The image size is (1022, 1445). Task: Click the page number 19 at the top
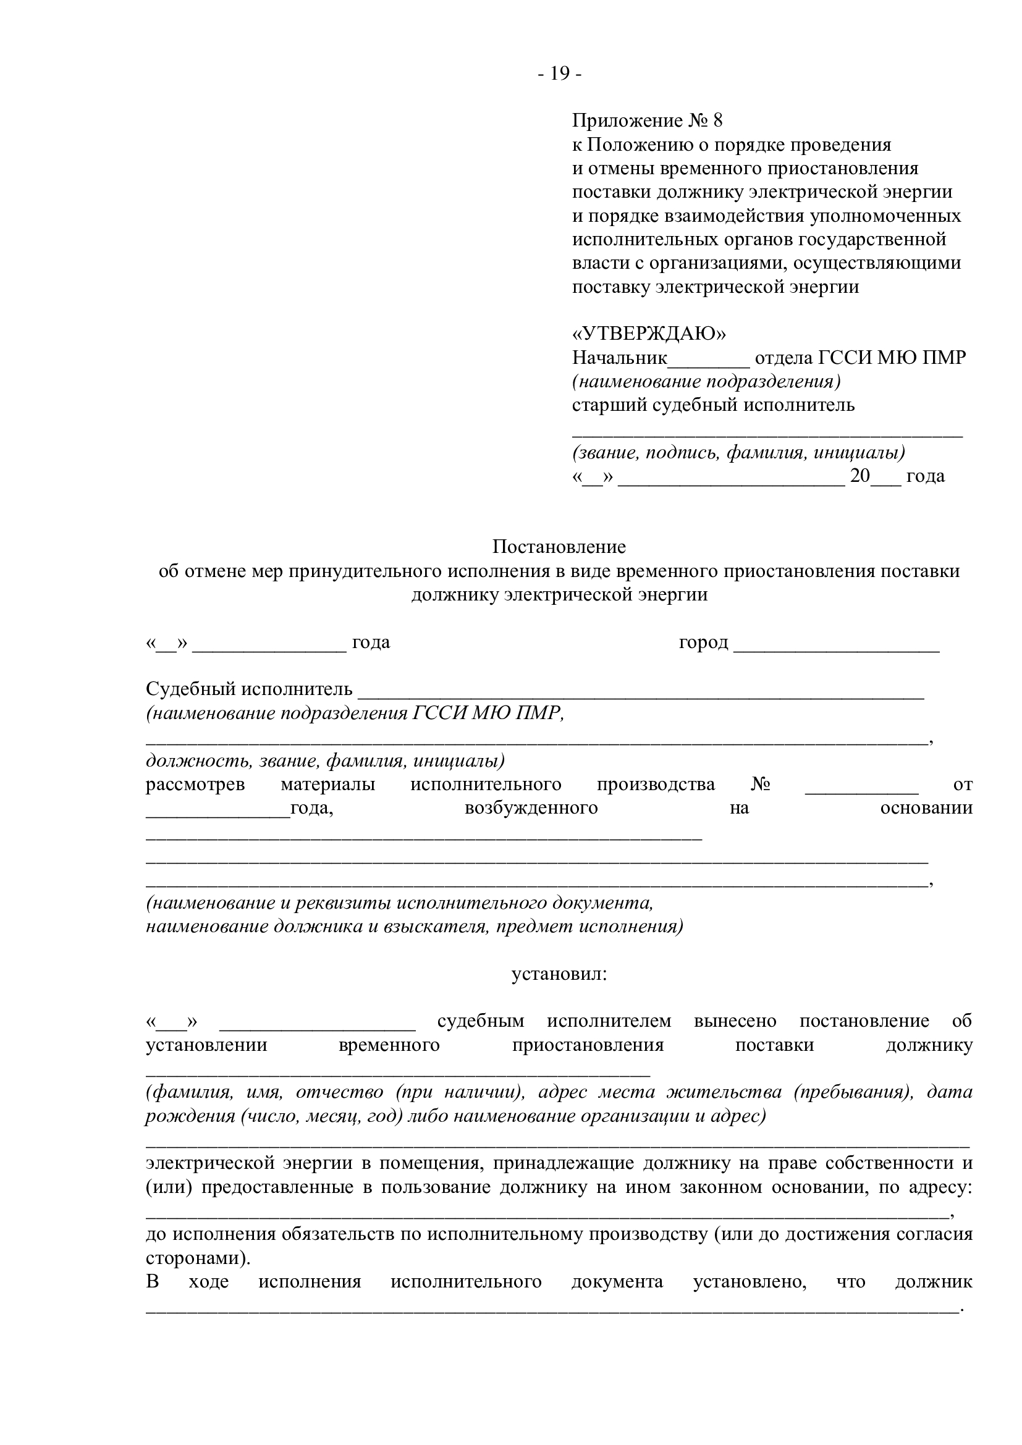(x=559, y=74)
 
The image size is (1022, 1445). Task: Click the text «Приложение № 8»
(x=648, y=121)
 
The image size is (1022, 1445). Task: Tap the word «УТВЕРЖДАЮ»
(x=649, y=334)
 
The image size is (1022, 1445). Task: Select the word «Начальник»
(x=619, y=358)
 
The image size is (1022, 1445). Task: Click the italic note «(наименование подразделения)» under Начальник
(x=706, y=381)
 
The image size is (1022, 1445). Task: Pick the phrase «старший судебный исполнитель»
(x=713, y=405)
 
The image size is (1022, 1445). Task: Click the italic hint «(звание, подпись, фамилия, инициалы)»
(x=738, y=452)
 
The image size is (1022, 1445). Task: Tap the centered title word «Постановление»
(x=559, y=547)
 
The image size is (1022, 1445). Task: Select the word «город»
(x=703, y=642)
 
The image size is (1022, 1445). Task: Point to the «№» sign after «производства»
(x=760, y=785)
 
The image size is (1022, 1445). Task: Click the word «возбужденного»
(x=531, y=808)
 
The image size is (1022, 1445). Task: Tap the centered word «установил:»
(x=559, y=975)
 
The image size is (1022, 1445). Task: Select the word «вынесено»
(x=735, y=1021)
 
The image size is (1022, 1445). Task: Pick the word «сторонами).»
(x=198, y=1258)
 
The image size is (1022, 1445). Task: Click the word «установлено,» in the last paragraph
(x=750, y=1282)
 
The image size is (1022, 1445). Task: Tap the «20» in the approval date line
(x=859, y=476)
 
